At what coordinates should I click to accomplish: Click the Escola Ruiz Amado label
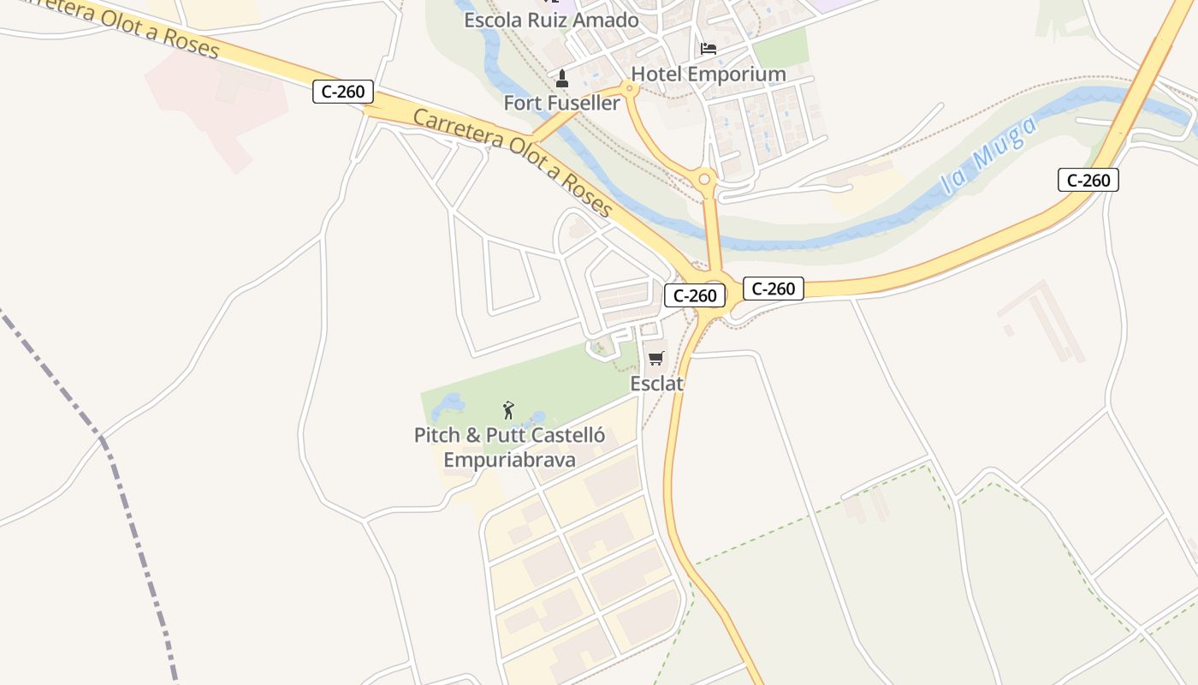[551, 20]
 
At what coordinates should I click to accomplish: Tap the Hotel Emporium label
[708, 74]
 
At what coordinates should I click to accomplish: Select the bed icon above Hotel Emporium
[709, 48]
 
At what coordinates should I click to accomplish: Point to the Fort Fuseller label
[561, 103]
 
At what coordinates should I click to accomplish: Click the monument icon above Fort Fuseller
[562, 79]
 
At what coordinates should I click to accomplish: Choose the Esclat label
[656, 384]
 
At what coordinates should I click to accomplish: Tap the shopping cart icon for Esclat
[656, 359]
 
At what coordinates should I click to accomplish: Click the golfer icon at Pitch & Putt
[508, 410]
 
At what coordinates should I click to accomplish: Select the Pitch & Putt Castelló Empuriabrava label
[509, 447]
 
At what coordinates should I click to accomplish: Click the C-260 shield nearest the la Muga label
[1088, 180]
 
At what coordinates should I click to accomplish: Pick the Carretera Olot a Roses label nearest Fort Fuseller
[513, 163]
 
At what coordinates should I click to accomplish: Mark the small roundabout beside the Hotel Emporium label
[632, 88]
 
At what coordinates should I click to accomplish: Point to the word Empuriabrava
[509, 460]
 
